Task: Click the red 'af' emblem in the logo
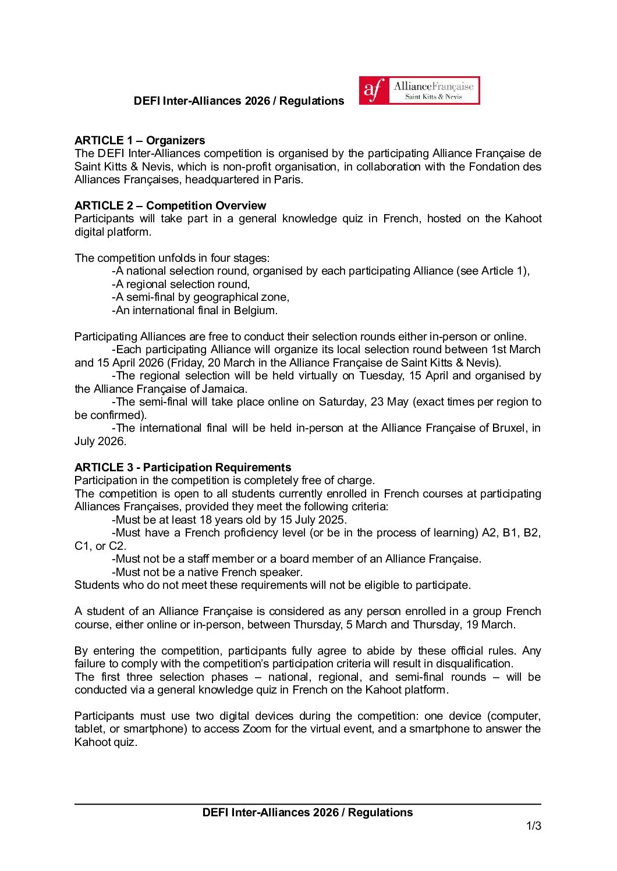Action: (x=374, y=91)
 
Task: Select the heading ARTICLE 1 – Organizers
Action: (x=140, y=140)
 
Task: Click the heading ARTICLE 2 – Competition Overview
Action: (x=170, y=205)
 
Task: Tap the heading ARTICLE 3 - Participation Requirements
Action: (x=183, y=467)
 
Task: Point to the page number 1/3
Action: (x=533, y=826)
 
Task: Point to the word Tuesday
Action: (x=380, y=375)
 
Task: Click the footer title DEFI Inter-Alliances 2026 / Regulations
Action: (x=307, y=812)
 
